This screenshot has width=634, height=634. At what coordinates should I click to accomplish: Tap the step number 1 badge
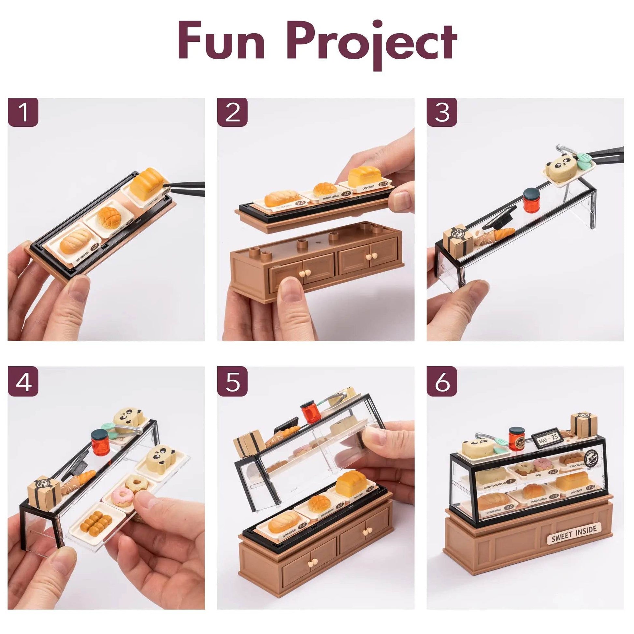[x=23, y=112]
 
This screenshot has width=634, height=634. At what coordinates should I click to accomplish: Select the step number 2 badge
[x=232, y=112]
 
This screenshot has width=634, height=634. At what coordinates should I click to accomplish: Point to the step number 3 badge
[x=442, y=112]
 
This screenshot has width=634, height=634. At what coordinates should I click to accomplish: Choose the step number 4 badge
[x=23, y=381]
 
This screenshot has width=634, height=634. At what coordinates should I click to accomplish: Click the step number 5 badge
[x=232, y=381]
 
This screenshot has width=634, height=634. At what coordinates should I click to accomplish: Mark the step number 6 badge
[x=442, y=381]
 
